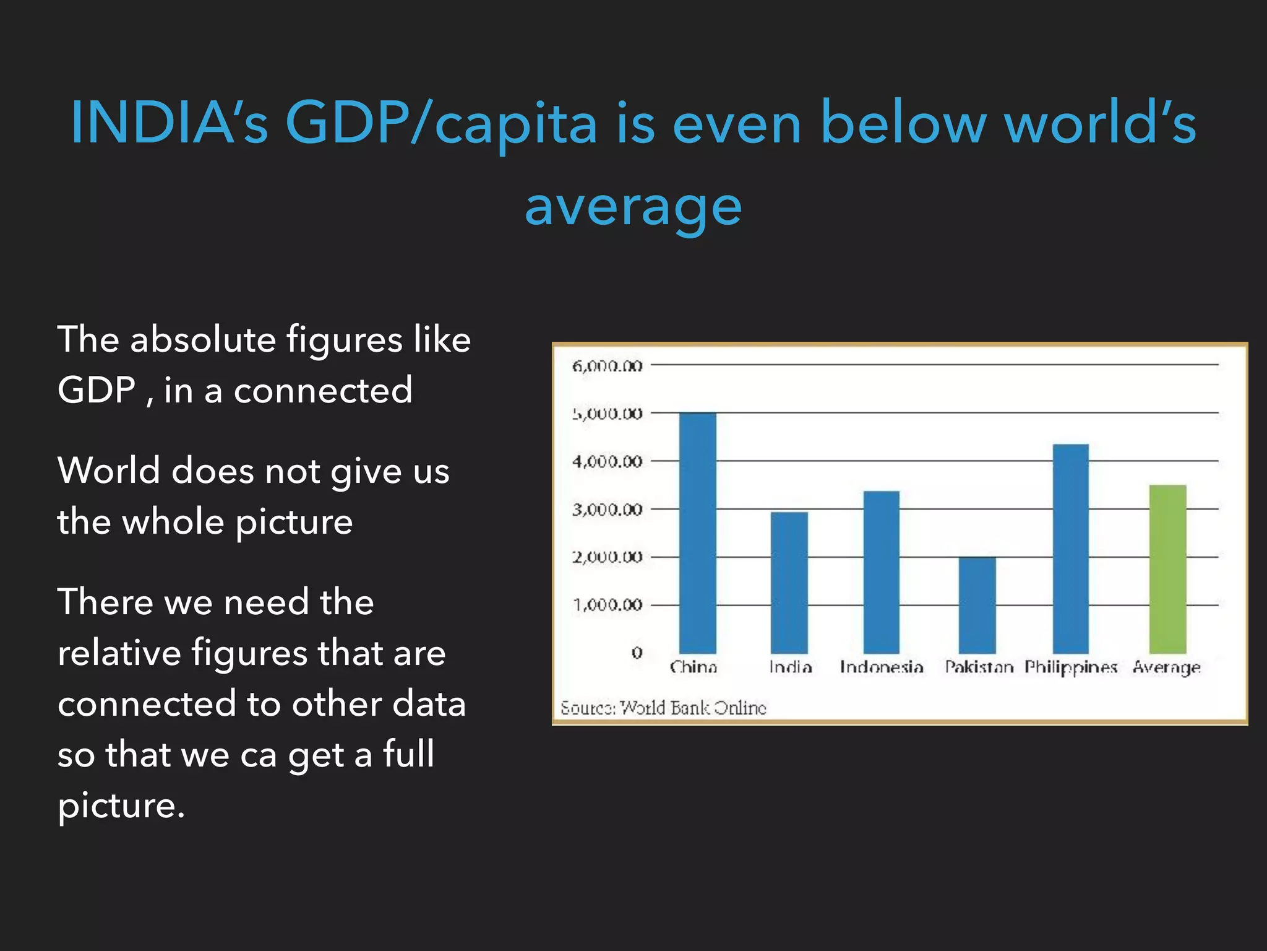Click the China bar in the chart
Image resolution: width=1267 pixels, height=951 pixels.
pos(697,532)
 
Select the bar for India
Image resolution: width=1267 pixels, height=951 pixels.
pos(789,582)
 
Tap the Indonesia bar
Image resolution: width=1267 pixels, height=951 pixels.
pos(881,572)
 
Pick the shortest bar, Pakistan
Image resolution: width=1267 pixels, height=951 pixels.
pos(977,605)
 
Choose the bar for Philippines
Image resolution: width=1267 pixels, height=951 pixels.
pos(1070,549)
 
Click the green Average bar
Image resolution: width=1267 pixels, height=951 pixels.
pos(1167,569)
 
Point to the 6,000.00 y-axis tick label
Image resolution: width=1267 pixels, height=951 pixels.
pos(607,366)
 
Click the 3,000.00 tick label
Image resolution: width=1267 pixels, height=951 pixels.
pos(607,510)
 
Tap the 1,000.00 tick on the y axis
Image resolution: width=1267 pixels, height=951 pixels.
pos(607,604)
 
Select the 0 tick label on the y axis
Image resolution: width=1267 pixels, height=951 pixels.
pos(637,653)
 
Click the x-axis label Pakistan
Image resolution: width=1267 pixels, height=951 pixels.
pos(979,667)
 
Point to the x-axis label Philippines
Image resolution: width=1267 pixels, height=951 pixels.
pos(1070,667)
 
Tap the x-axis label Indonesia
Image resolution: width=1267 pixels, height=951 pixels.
pos(881,667)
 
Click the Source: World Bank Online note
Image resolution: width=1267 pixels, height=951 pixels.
pos(663,707)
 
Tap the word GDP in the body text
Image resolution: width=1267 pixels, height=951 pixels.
pos(97,390)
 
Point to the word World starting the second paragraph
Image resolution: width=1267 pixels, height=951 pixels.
pos(109,471)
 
